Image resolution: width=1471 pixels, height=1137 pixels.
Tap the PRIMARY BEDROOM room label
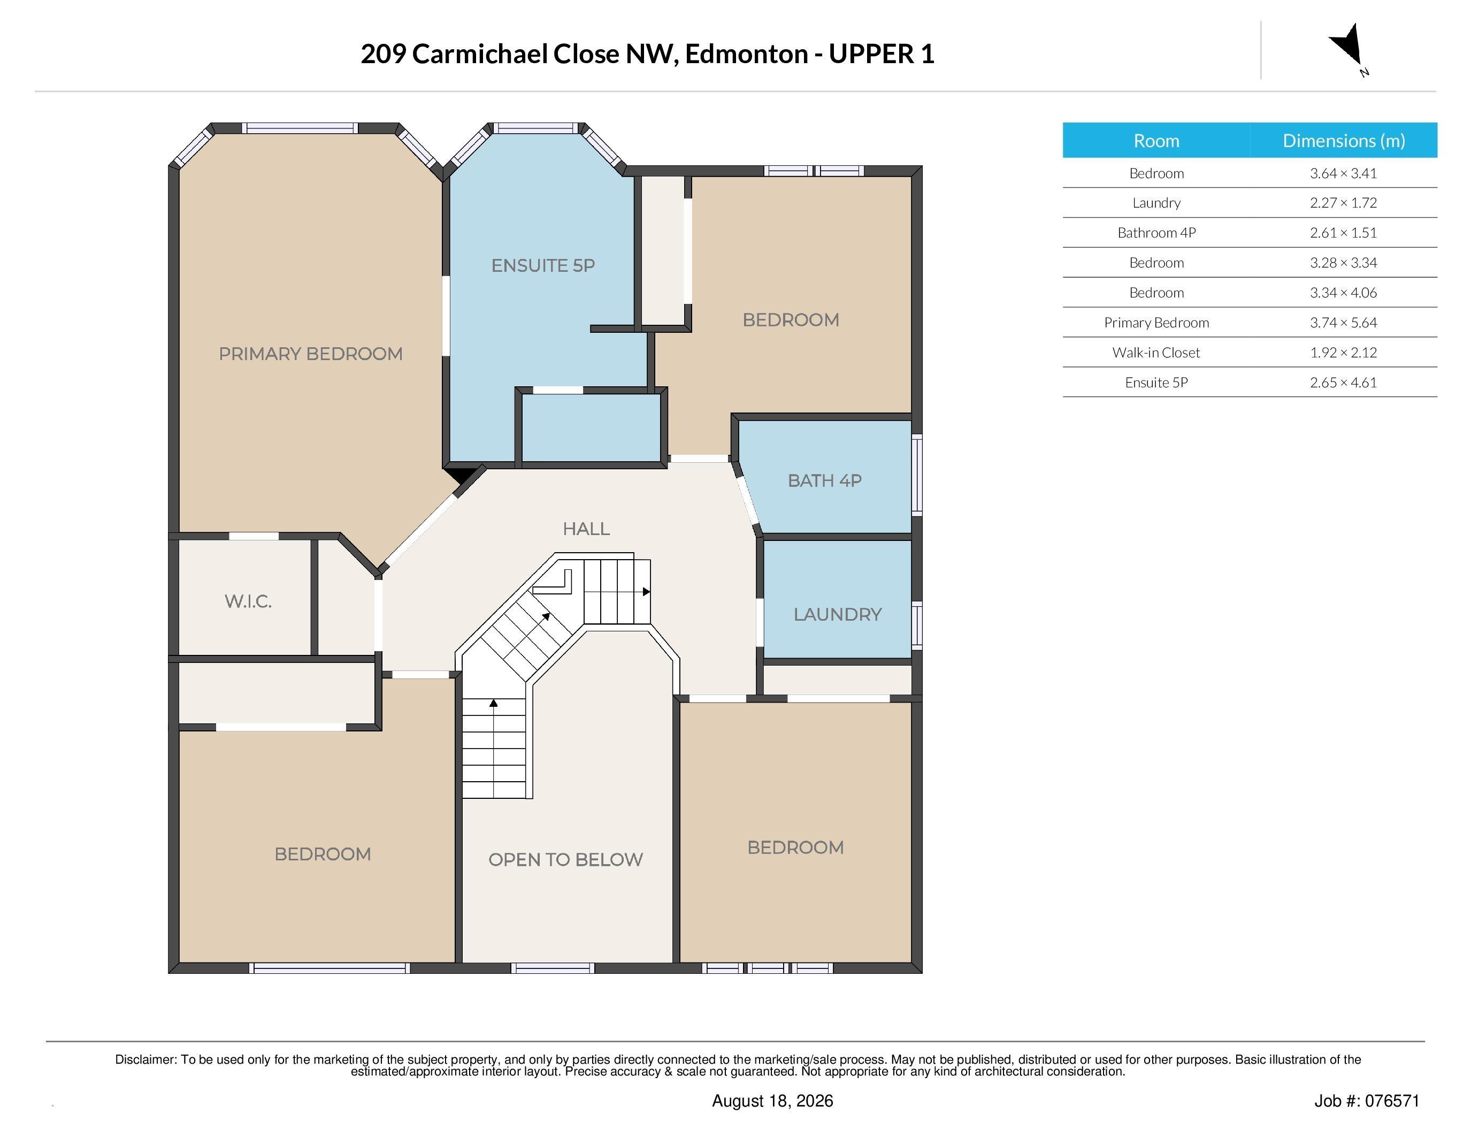tap(310, 354)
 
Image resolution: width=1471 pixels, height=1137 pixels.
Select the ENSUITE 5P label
tap(543, 265)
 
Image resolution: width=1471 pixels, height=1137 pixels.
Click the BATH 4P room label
tap(824, 480)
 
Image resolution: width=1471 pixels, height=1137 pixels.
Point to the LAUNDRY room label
tap(837, 614)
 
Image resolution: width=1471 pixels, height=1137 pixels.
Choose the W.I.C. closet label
tap(248, 601)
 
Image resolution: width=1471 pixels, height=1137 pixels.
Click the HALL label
tap(586, 529)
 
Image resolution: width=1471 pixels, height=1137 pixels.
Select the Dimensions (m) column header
tap(1344, 140)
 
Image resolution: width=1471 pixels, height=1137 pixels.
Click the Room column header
tap(1156, 140)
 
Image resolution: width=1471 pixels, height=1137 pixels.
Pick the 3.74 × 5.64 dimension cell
tap(1343, 323)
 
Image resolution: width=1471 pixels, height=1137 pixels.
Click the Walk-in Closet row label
tap(1156, 352)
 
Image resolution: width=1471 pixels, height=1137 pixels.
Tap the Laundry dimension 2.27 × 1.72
tap(1343, 203)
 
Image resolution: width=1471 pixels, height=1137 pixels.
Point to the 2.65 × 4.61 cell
tap(1343, 383)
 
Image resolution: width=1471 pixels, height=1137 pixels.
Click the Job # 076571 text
tap(1367, 1101)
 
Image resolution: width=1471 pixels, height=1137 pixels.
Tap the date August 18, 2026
tap(772, 1101)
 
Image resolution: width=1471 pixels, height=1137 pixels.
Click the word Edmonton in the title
tap(746, 54)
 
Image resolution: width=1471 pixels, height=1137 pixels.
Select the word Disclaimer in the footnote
tap(145, 1059)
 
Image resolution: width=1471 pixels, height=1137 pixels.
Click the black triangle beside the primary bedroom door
tap(462, 475)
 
